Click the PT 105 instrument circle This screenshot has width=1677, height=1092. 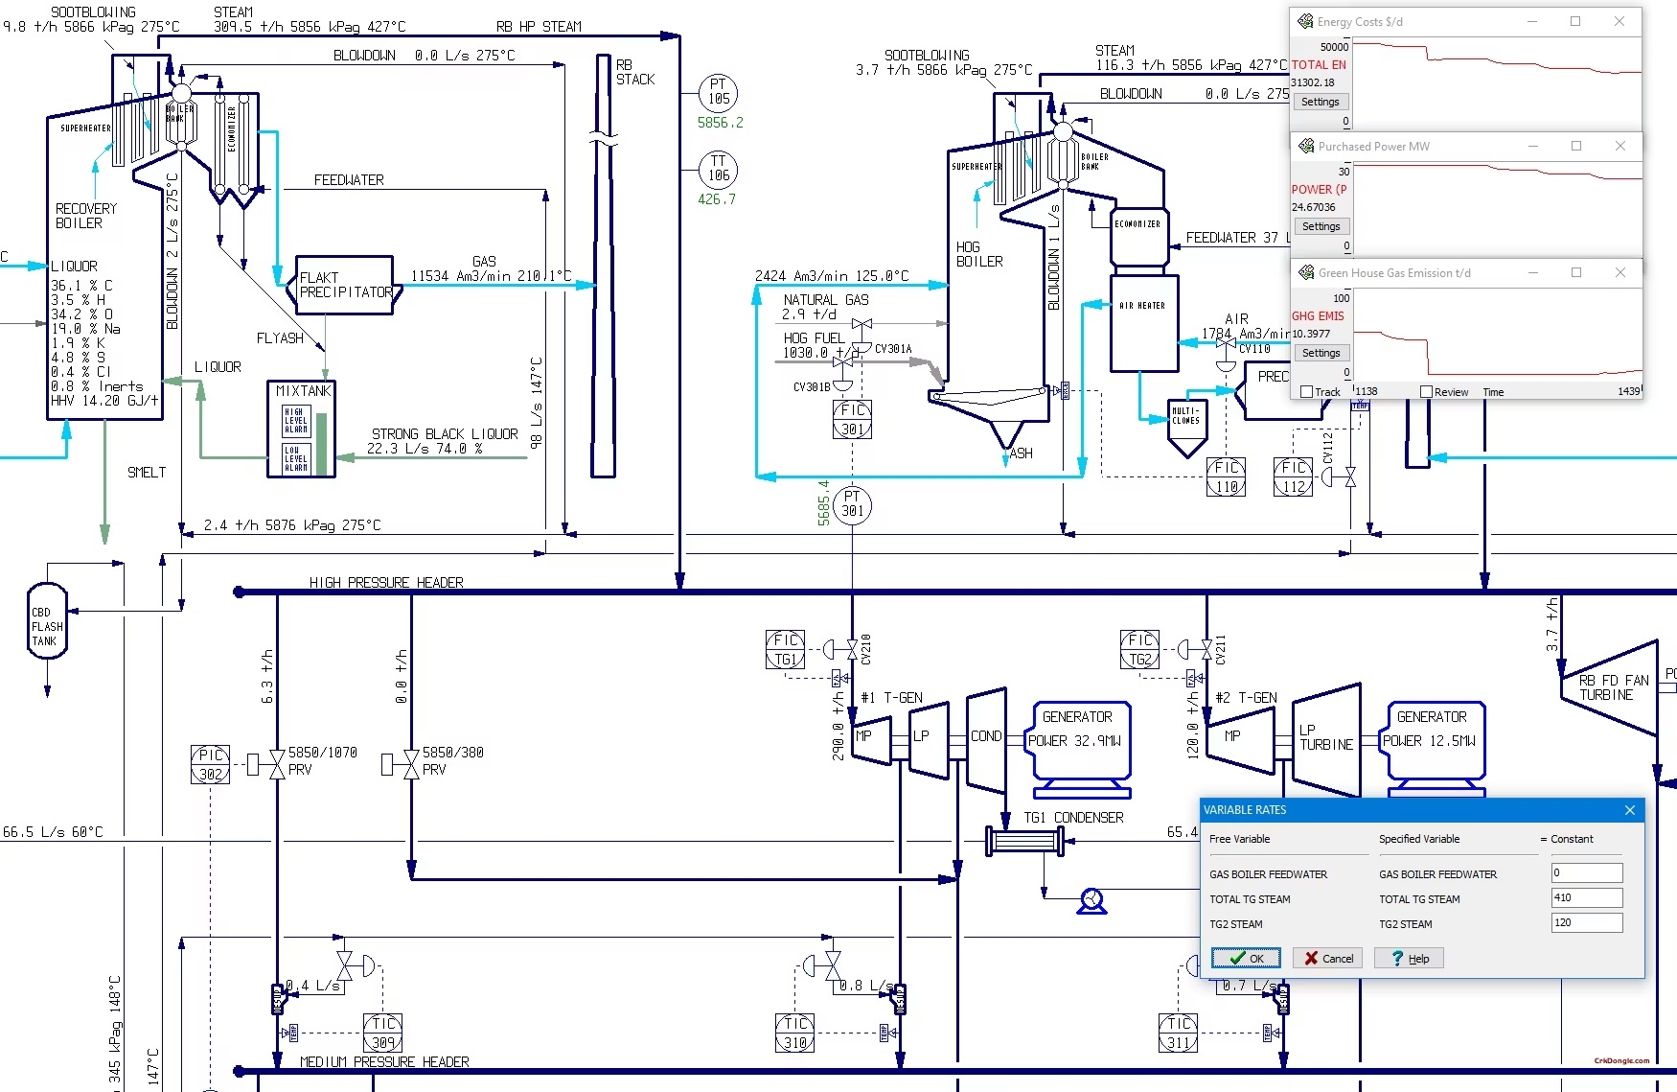click(718, 92)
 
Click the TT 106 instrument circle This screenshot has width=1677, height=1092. click(718, 169)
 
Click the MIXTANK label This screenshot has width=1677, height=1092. click(303, 391)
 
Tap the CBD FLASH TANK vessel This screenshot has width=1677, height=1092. click(47, 621)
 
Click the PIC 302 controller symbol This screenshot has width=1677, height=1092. click(210, 764)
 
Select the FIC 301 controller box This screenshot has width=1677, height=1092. click(852, 419)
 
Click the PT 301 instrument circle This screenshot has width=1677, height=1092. click(852, 504)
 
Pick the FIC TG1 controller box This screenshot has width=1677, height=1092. click(785, 649)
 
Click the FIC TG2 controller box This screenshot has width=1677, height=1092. click(1139, 649)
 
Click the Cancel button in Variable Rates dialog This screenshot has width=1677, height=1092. click(1328, 958)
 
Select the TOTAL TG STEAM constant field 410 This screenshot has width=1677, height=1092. click(1586, 897)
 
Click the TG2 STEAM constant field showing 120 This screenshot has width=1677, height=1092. click(1586, 922)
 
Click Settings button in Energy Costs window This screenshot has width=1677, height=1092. click(1320, 102)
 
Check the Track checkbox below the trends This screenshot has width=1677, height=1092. click(1306, 391)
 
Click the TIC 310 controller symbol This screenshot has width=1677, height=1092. click(794, 1033)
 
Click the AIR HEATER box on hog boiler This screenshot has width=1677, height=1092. click(1143, 323)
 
